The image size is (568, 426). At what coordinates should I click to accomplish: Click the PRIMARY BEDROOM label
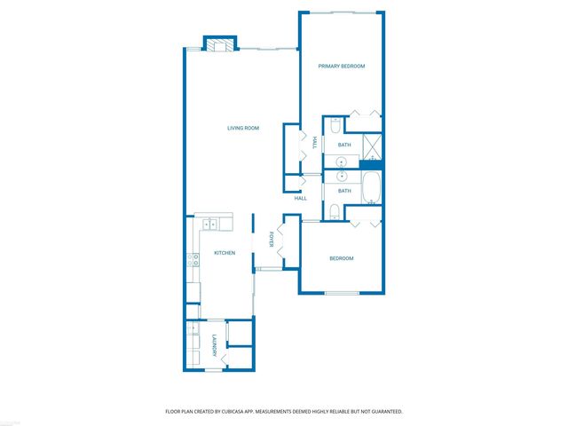click(x=342, y=67)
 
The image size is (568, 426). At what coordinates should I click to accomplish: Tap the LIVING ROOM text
click(x=242, y=129)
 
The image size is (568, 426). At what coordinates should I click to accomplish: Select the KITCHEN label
click(x=225, y=254)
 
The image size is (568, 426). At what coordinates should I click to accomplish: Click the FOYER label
click(x=272, y=241)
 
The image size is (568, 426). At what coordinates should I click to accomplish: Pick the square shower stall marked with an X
click(x=373, y=145)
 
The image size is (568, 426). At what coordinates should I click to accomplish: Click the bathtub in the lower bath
click(x=373, y=188)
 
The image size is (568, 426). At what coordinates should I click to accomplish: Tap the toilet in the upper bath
click(x=332, y=127)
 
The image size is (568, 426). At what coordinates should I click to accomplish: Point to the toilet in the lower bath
click(x=332, y=210)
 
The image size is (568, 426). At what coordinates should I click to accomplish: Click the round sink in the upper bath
click(x=341, y=162)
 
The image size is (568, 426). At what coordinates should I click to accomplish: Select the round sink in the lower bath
click(x=341, y=175)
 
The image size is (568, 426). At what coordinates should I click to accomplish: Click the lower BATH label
click(x=344, y=191)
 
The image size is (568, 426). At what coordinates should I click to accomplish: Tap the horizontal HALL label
click(x=301, y=198)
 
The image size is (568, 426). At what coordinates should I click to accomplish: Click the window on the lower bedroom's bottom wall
click(x=342, y=293)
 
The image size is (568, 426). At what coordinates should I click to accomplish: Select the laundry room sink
click(x=193, y=328)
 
